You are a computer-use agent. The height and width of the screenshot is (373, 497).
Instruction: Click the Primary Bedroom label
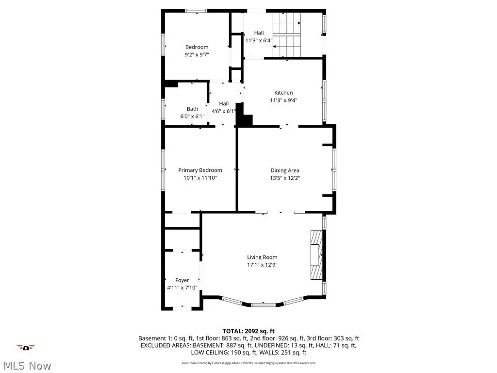200,170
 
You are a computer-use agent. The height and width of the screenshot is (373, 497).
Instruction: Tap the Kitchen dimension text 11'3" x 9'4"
283,100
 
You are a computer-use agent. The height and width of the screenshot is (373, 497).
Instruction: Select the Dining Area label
284,170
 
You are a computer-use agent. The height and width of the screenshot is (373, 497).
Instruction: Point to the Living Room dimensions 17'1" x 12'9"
262,265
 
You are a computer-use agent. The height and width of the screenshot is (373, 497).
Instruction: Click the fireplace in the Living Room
316,255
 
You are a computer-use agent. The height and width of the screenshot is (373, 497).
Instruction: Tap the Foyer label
182,280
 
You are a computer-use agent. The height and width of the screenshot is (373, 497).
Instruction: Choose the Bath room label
192,109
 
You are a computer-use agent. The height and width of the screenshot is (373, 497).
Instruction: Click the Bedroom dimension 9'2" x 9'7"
197,54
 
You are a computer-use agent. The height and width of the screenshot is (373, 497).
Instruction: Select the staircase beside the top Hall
287,34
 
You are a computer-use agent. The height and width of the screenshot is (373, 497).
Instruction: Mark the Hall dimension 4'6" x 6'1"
224,111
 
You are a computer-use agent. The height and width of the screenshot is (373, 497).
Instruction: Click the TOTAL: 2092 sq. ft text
248,331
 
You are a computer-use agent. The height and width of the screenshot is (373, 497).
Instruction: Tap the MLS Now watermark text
27,366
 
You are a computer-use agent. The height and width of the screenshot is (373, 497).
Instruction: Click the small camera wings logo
26,347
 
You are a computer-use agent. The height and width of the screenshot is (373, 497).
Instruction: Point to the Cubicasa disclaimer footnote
248,363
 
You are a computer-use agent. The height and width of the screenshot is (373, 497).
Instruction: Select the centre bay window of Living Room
263,305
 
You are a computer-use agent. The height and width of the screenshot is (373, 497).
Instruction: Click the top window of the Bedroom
196,11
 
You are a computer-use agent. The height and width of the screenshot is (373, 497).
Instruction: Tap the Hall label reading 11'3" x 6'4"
259,37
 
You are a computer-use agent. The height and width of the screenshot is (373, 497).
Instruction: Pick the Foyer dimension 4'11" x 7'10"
182,288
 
